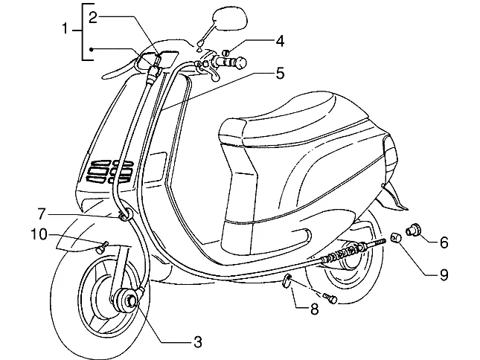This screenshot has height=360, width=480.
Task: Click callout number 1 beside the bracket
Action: [65, 29]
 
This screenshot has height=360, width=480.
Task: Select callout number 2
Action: [93, 18]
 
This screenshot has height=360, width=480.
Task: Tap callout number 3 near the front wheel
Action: [198, 342]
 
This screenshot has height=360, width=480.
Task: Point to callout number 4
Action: [280, 41]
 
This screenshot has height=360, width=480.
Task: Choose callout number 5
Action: [280, 73]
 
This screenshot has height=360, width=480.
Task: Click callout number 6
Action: [444, 242]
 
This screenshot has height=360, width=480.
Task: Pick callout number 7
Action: [42, 213]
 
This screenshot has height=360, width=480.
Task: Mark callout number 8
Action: [315, 309]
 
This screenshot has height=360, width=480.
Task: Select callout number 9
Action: [444, 274]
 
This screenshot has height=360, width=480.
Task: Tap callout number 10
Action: [39, 234]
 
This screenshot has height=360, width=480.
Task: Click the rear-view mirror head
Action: [230, 19]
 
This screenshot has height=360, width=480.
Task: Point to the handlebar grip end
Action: [241, 62]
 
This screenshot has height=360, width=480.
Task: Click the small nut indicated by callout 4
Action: [226, 53]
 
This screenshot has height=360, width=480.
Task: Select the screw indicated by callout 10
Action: [102, 247]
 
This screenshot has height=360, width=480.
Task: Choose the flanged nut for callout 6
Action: [413, 230]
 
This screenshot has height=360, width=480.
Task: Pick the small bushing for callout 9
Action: [395, 237]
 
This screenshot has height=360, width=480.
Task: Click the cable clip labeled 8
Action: [287, 281]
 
